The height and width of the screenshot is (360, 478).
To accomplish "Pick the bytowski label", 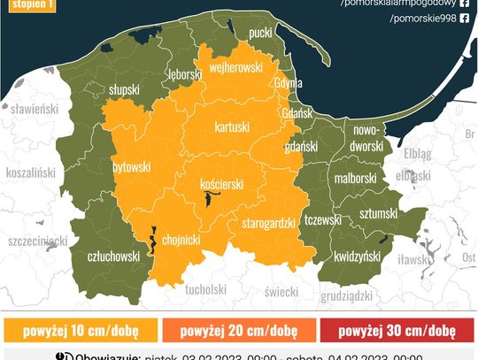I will pyautogui.click(x=132, y=166).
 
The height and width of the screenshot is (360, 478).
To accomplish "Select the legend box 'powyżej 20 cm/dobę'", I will pyautogui.click(x=238, y=331).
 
